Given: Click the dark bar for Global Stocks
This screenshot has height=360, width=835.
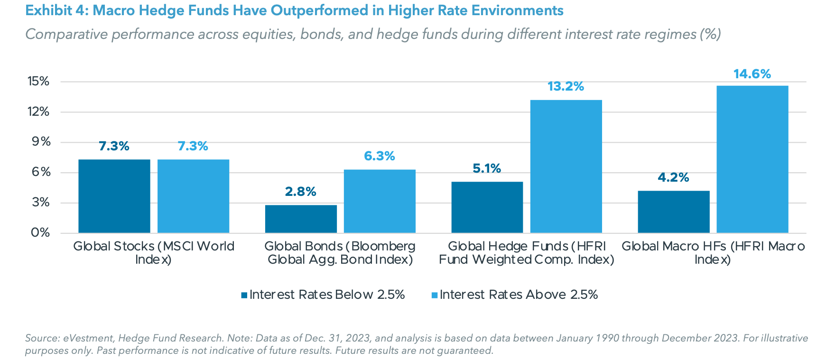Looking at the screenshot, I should point(114,196).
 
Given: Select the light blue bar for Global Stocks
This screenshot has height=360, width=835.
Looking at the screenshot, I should point(193,196).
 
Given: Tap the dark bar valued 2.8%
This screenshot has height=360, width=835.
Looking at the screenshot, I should point(301,219).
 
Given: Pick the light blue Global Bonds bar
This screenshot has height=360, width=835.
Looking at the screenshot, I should point(380,201).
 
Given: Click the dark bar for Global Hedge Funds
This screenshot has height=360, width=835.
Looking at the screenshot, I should point(487,207).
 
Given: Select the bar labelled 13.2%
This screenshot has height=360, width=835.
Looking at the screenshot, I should point(566,166).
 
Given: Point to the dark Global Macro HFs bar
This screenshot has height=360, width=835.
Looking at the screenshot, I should point(673,212).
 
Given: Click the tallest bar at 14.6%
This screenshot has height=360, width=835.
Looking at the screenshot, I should point(752,159).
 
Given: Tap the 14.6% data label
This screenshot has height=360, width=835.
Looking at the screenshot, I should point(752,74).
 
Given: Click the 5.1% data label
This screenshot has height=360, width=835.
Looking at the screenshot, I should point(487,168).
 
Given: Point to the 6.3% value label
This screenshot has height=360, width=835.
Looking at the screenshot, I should point(380,156).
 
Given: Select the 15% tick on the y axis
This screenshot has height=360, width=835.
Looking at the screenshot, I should point(38,81).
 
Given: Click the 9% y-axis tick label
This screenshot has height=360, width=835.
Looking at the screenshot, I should point(41,142).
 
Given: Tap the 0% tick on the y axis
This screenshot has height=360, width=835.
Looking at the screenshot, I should point(41,232).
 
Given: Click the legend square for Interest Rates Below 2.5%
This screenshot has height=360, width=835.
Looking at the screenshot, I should point(244,295).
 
